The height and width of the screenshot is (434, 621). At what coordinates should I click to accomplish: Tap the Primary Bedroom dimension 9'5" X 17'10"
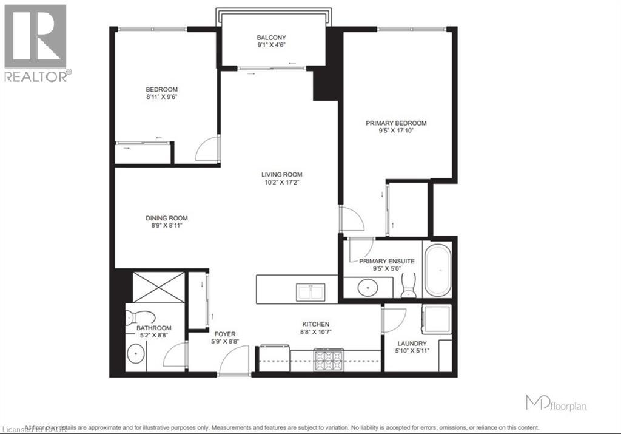(x=396, y=130)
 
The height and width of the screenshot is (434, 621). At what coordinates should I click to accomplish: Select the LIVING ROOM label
(x=279, y=175)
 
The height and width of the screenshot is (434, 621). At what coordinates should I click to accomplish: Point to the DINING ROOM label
(x=166, y=219)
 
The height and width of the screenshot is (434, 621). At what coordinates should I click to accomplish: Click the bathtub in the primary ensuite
(x=437, y=270)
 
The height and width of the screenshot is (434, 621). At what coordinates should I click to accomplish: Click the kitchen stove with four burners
(x=328, y=361)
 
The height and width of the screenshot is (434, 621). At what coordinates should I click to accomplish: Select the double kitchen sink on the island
(x=311, y=292)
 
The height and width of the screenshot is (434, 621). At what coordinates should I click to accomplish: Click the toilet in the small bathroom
(x=138, y=317)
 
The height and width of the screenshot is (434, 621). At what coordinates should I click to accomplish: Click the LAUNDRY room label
(x=412, y=344)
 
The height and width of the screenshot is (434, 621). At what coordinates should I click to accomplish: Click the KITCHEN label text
(x=316, y=324)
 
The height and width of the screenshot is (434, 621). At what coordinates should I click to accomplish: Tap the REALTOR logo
(x=36, y=42)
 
